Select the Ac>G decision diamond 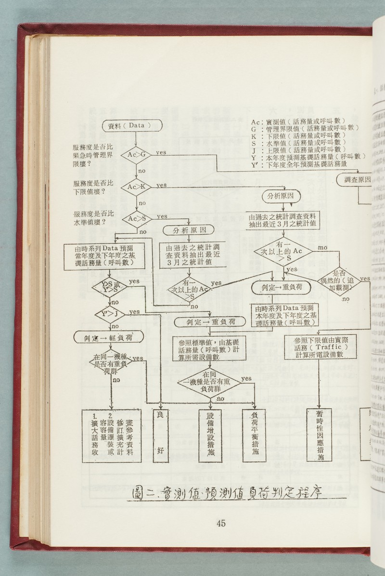point(136,154)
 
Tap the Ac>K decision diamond point(136,187)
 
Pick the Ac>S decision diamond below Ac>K point(137,219)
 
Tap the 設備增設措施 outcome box point(210,437)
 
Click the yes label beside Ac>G point(161,152)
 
